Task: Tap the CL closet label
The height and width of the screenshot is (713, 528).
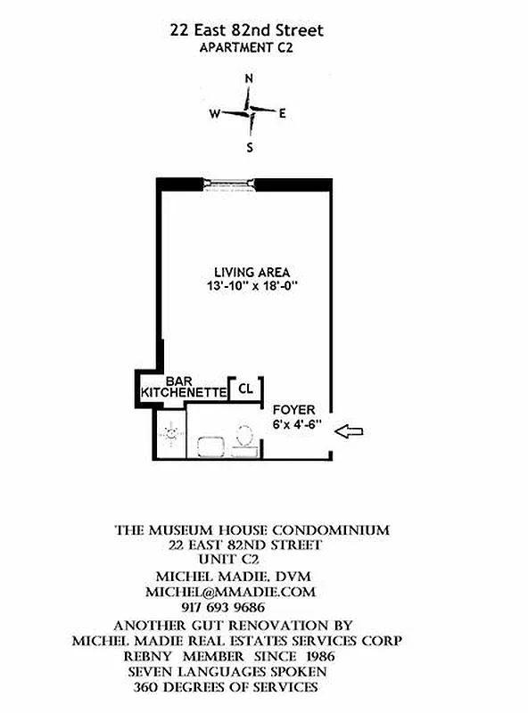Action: click(245, 389)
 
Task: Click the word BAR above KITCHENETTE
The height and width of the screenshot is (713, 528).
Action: click(179, 380)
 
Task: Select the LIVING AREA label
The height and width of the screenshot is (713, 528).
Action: click(252, 272)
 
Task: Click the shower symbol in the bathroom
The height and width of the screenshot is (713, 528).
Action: click(169, 434)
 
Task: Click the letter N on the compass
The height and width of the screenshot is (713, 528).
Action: click(249, 78)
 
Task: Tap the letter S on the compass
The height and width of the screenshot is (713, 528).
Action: click(250, 147)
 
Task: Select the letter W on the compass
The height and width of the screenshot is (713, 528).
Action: click(214, 113)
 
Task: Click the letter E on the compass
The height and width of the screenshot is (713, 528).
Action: click(283, 113)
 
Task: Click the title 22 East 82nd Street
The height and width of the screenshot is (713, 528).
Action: click(247, 31)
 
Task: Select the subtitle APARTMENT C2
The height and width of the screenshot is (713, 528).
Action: click(247, 48)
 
